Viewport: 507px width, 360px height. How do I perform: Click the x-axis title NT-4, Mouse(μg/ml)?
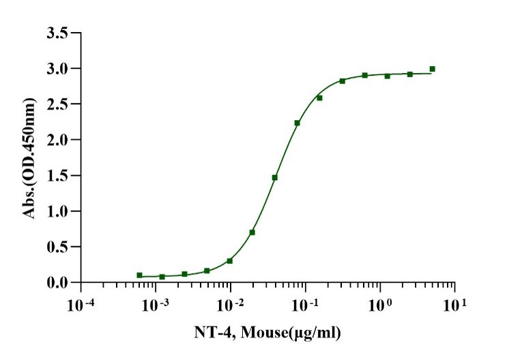coord(268,333)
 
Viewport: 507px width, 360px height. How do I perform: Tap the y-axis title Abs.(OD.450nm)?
coord(29,157)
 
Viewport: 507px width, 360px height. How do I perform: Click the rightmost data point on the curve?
coord(433,69)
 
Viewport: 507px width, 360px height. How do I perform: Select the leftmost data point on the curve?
coord(140,275)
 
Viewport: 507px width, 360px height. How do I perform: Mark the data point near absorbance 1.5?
coord(274,177)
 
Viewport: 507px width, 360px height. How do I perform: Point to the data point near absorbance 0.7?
coord(252,232)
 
